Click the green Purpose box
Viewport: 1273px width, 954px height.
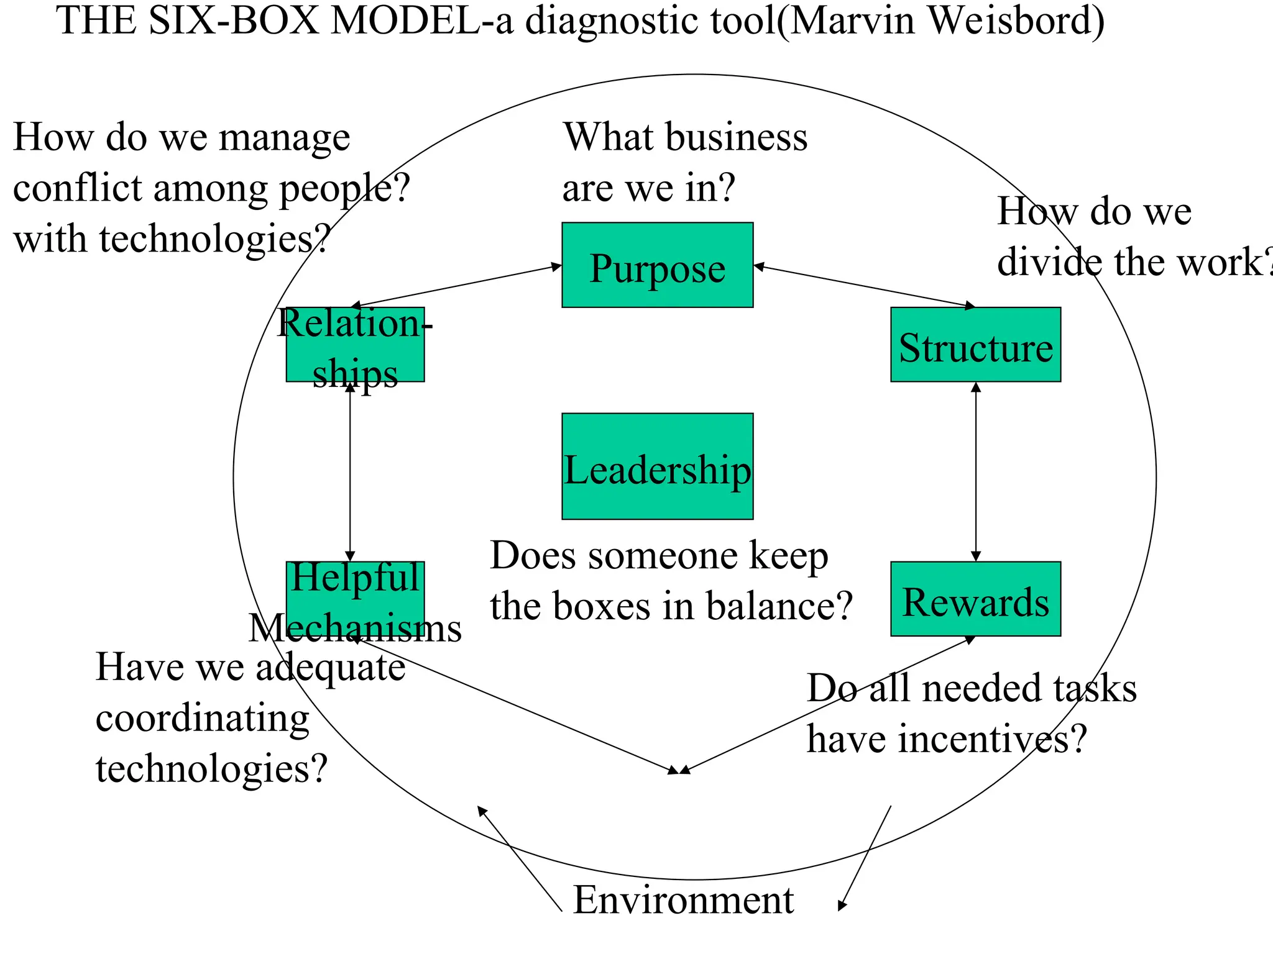pos(657,265)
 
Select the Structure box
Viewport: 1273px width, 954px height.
pos(975,345)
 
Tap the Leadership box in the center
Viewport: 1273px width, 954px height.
pos(657,466)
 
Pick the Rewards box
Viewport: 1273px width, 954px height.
pos(975,599)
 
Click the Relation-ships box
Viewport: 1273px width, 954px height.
pos(355,345)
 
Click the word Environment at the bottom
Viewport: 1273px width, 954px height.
pos(682,900)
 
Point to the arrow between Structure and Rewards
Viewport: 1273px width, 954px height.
pos(976,472)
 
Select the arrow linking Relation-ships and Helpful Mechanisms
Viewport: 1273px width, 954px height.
pos(350,472)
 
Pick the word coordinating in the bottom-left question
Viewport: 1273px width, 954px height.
pos(202,719)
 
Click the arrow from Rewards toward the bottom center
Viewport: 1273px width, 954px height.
pos(827,705)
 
